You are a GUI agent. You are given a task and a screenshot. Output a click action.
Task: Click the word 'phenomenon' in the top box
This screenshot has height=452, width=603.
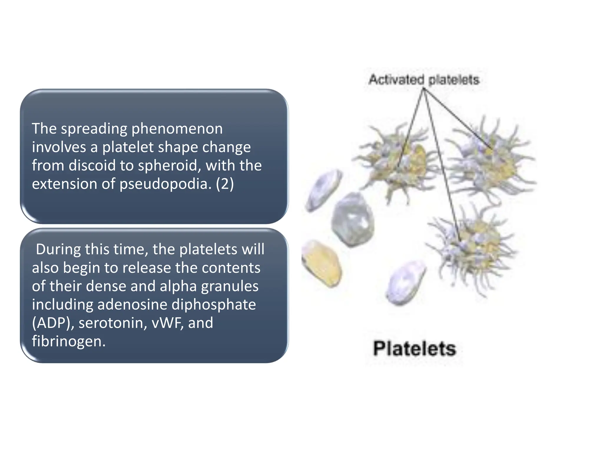click(x=177, y=129)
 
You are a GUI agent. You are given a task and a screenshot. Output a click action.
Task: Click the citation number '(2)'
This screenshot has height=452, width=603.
click(x=225, y=184)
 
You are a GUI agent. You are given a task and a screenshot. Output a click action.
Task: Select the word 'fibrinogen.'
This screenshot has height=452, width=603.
click(x=69, y=341)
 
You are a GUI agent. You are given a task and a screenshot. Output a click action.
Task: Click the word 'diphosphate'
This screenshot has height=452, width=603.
click(x=213, y=304)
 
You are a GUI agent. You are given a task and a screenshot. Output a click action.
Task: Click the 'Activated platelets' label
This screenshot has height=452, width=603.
click(x=424, y=80)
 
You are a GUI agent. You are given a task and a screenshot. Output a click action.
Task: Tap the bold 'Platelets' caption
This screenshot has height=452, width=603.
click(x=415, y=349)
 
